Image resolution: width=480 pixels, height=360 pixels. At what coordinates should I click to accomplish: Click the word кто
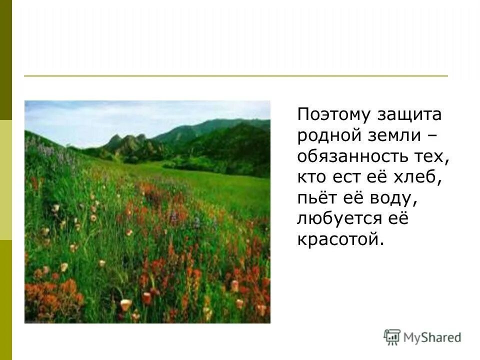coord(310,177)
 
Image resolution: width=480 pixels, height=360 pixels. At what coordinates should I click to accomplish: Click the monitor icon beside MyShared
coord(392,337)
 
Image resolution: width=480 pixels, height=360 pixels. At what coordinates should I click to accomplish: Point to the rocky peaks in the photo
coord(127,142)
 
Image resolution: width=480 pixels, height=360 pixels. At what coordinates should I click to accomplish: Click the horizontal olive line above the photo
coord(235,76)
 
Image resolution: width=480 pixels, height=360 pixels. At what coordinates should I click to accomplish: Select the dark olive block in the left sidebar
coord(5,60)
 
